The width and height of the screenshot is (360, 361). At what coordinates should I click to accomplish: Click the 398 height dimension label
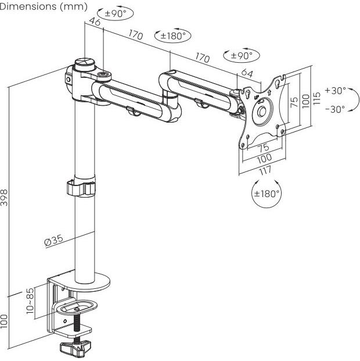click(x=4, y=197)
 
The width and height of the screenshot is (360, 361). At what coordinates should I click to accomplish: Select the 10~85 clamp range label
click(x=30, y=301)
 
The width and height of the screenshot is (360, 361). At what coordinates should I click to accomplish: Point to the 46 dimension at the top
click(x=95, y=22)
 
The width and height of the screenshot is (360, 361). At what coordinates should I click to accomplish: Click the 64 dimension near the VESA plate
click(x=247, y=73)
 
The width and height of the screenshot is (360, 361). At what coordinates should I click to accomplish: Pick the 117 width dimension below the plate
click(x=265, y=171)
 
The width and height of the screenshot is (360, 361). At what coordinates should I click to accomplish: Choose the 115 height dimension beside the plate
click(x=317, y=98)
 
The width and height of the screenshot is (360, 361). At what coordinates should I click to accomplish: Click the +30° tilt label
click(x=336, y=91)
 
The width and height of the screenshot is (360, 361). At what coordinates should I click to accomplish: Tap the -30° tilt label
click(x=335, y=109)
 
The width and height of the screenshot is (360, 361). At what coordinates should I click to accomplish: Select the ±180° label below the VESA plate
click(x=267, y=194)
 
